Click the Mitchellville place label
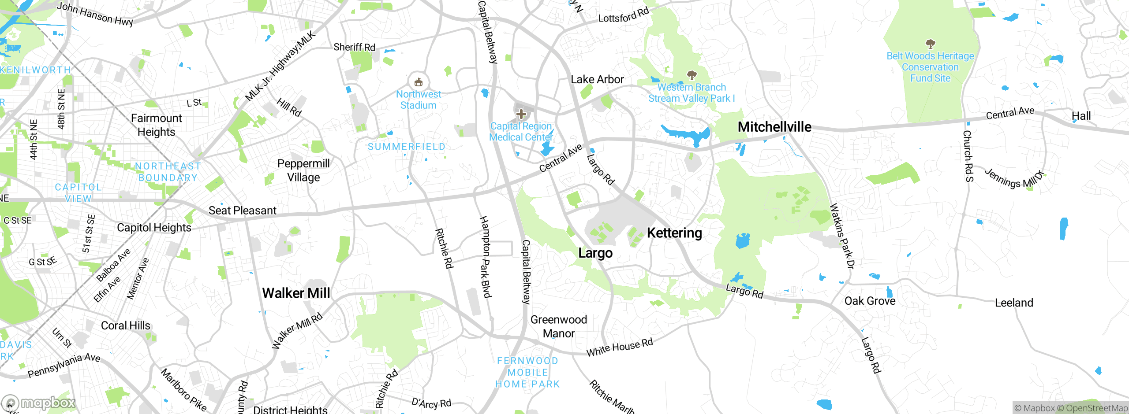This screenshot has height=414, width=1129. tap(774, 127)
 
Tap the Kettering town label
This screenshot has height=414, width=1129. tap(674, 233)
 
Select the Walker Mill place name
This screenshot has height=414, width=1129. tap(296, 293)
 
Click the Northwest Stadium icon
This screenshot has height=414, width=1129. tap(418, 82)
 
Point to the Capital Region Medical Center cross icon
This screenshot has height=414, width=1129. tap(521, 114)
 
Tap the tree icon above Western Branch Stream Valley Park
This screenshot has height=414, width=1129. tap(692, 75)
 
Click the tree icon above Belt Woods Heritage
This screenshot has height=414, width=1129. tap(930, 44)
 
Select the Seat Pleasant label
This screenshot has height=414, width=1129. tap(242, 211)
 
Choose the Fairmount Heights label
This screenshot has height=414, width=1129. tap(156, 125)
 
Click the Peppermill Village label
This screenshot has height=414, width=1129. tap(303, 170)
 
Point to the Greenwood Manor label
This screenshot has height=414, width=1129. tap(558, 326)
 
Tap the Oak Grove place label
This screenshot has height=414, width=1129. tap(870, 301)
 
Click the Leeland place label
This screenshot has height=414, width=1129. tap(1014, 303)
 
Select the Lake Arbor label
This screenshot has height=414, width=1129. tap(597, 79)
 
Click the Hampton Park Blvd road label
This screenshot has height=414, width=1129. tap(485, 257)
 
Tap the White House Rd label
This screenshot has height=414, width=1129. tap(619, 347)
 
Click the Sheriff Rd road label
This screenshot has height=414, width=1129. tap(354, 47)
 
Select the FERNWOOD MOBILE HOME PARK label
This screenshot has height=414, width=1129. tap(527, 372)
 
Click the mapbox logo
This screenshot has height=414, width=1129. tap(39, 403)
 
